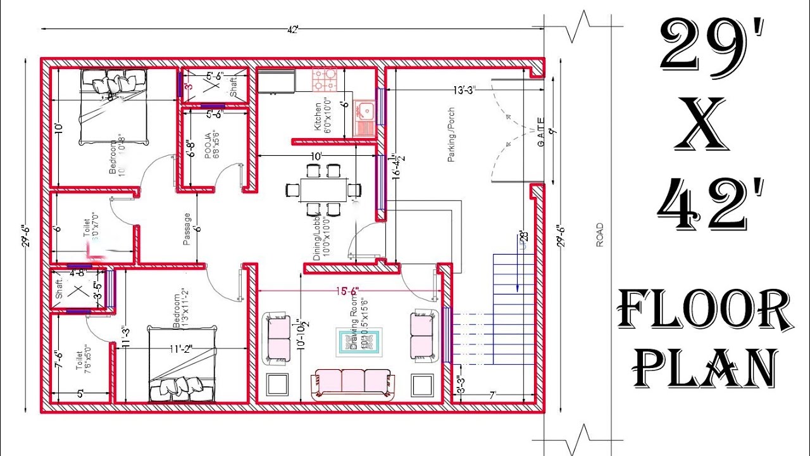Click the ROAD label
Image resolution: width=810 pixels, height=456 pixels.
click(599, 234)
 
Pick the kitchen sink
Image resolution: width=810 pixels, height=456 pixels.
click(365, 113)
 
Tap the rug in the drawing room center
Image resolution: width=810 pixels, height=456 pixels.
click(358, 343)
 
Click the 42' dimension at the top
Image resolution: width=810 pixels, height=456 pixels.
click(292, 28)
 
